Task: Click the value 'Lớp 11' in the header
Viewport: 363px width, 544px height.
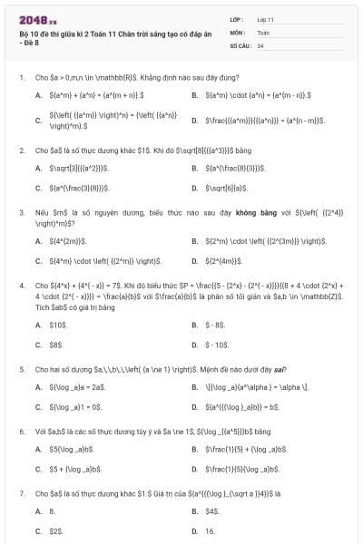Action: click(x=265, y=19)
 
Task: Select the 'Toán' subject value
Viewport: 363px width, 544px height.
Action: click(x=263, y=32)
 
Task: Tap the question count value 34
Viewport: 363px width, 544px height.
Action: click(x=260, y=44)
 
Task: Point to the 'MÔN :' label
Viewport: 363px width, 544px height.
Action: click(x=238, y=32)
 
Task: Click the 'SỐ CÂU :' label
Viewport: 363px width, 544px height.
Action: click(x=240, y=44)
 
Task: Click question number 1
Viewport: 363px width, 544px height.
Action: click(x=21, y=78)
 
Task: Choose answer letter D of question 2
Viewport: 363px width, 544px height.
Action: click(x=195, y=189)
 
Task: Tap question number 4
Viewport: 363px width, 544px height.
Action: click(x=21, y=285)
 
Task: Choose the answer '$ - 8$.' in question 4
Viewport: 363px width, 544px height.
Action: click(x=215, y=325)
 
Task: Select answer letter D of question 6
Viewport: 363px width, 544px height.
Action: click(x=195, y=470)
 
